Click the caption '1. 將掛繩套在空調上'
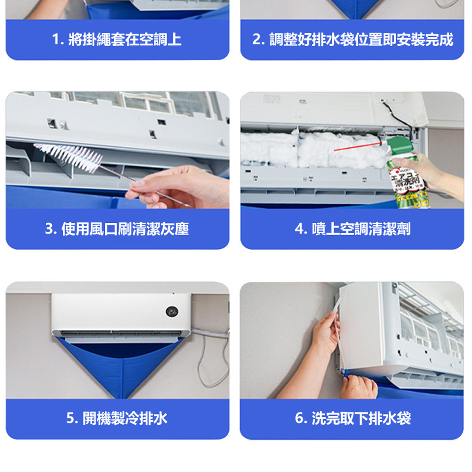click(x=117, y=40)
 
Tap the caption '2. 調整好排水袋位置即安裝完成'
click(x=353, y=40)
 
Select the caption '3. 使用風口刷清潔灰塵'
click(x=117, y=229)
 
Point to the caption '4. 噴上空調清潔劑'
click(x=353, y=229)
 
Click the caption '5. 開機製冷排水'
click(x=117, y=418)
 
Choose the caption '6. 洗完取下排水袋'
click(x=353, y=418)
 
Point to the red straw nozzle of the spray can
click(x=358, y=147)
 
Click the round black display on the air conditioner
click(x=172, y=312)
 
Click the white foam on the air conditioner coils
click(x=313, y=149)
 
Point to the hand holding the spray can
click(x=428, y=175)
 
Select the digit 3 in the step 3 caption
click(x=49, y=229)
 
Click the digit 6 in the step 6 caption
click(x=299, y=418)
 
